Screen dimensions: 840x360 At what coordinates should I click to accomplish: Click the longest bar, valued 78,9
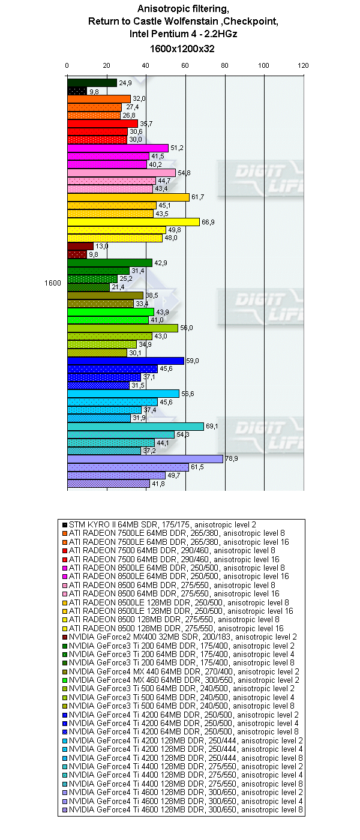145,459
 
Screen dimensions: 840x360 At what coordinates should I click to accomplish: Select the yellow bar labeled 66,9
133,222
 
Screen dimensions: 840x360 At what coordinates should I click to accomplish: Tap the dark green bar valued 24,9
92,83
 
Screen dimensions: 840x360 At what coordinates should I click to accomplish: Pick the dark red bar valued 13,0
80,246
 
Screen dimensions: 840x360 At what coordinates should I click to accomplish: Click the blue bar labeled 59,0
125,361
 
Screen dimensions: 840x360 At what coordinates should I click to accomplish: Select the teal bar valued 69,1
135,426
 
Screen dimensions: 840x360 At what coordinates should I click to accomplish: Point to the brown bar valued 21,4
88,287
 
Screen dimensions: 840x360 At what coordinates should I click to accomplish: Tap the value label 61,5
198,467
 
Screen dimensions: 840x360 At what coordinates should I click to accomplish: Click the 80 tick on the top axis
224,66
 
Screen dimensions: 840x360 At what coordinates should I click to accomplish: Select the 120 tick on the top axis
304,66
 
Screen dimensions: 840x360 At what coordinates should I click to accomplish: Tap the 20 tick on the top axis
106,66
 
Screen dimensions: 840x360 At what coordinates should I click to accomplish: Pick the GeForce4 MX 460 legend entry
181,680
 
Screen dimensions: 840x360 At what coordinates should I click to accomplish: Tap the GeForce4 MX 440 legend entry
181,671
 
